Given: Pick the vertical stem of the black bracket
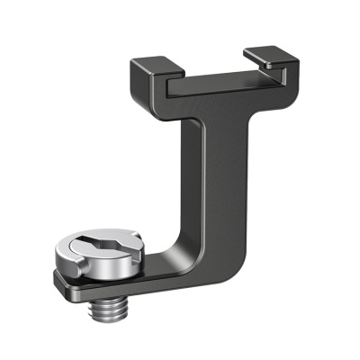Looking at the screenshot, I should tap(209, 180).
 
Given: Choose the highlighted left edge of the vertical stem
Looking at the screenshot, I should tap(192, 180).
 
